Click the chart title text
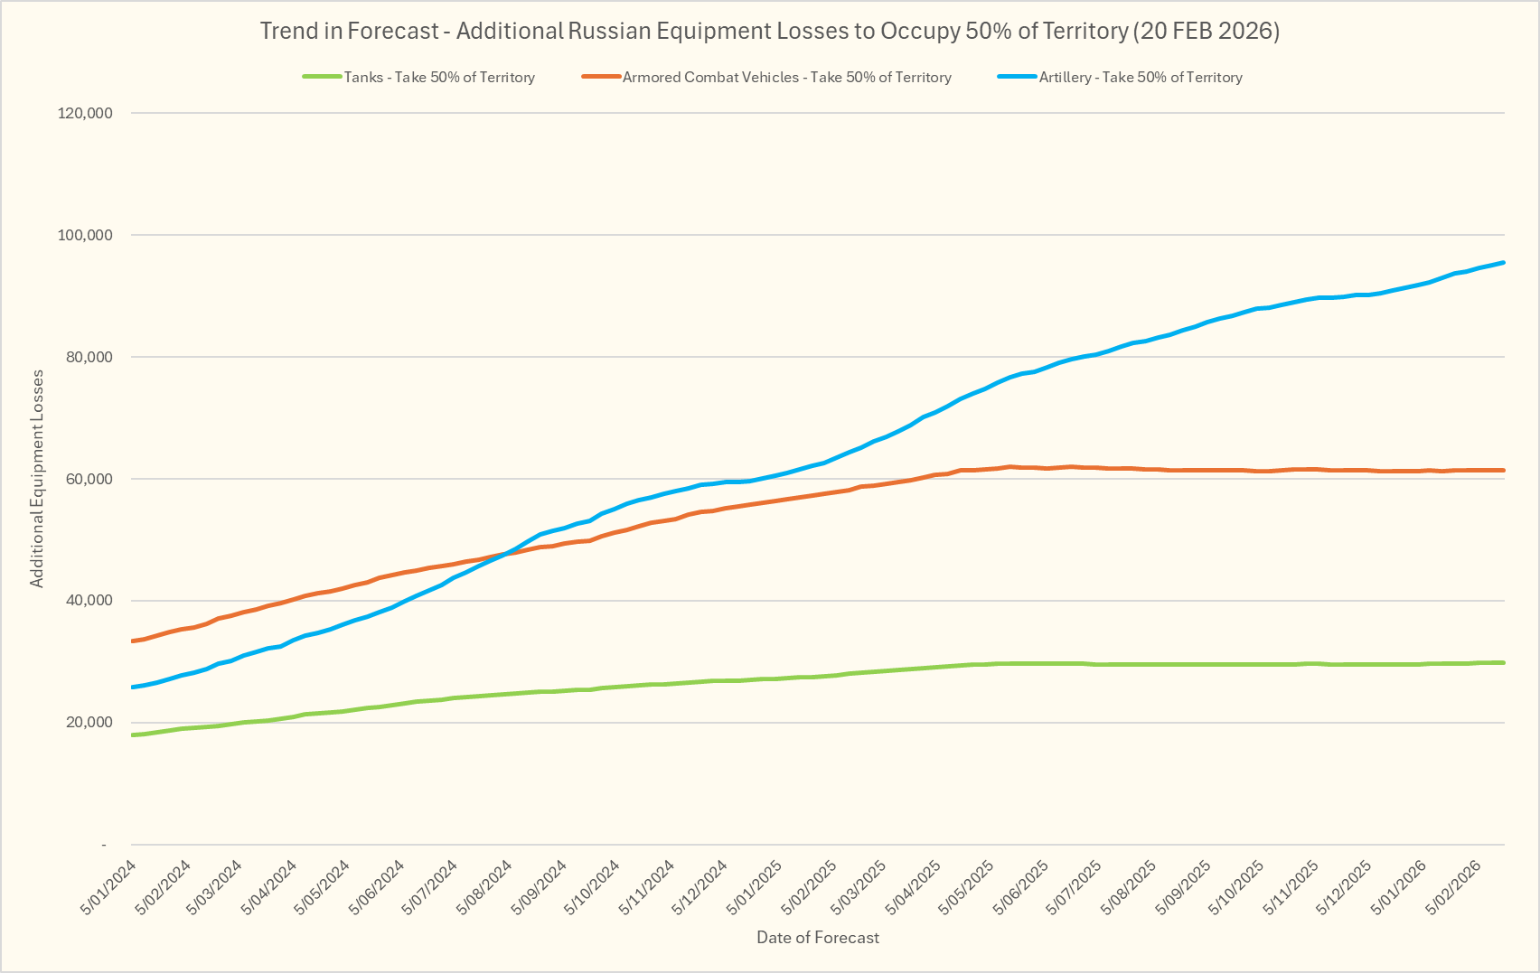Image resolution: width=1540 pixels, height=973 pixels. tap(769, 31)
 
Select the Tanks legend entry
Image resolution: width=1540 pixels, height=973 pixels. tap(438, 78)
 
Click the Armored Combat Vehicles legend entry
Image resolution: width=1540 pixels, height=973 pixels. tap(786, 78)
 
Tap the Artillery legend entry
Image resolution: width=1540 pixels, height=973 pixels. tap(1140, 78)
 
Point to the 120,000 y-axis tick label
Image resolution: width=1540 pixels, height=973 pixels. tap(84, 113)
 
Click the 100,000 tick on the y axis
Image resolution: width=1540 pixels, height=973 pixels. tap(84, 235)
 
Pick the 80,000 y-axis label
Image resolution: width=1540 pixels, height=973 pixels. tap(88, 357)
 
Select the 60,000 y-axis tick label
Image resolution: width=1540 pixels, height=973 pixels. tap(88, 479)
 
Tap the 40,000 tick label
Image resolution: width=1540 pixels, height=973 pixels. tap(88, 601)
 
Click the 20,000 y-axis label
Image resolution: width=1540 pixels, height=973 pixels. tap(88, 723)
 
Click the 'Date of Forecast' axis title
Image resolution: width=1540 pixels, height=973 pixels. tap(817, 938)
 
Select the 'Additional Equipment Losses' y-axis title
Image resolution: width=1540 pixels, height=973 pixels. tap(37, 479)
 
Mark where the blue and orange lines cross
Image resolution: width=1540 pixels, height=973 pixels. tap(506, 553)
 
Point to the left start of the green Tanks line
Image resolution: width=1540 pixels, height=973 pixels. tap(134, 735)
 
